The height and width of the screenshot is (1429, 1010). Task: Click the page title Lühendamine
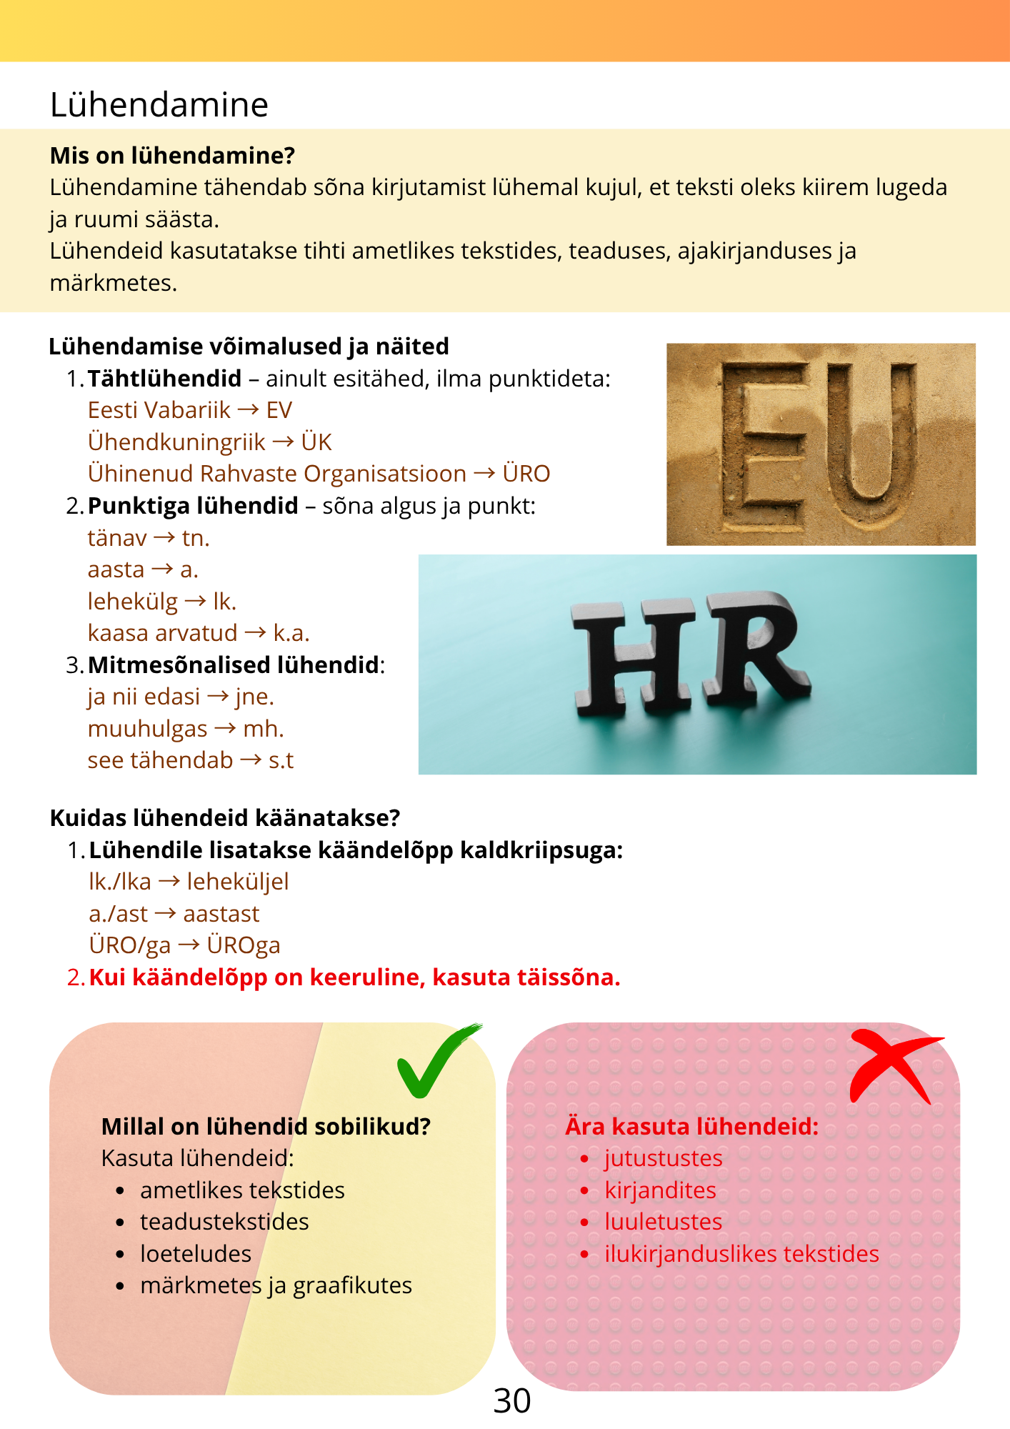pyautogui.click(x=159, y=104)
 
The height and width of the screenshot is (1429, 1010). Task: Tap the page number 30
pyautogui.click(x=511, y=1401)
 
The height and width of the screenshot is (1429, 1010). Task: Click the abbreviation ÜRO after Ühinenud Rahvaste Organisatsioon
pyautogui.click(x=526, y=474)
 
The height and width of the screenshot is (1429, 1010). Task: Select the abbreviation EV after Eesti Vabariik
pyautogui.click(x=279, y=410)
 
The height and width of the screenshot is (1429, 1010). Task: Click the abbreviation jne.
pyautogui.click(x=255, y=697)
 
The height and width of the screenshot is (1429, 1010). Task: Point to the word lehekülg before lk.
pyautogui.click(x=132, y=602)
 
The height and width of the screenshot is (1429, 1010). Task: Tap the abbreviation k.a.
pyautogui.click(x=291, y=633)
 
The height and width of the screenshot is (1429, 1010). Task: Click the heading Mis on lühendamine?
pyautogui.click(x=172, y=156)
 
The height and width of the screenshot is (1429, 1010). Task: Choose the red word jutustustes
pyautogui.click(x=664, y=1158)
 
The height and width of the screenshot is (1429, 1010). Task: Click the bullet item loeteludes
pyautogui.click(x=196, y=1254)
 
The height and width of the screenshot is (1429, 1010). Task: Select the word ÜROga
pyautogui.click(x=244, y=945)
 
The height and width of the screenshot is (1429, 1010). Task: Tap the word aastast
pyautogui.click(x=221, y=914)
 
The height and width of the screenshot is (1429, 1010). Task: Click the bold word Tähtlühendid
pyautogui.click(x=164, y=379)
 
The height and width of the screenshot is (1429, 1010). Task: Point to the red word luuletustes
pyautogui.click(x=664, y=1222)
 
